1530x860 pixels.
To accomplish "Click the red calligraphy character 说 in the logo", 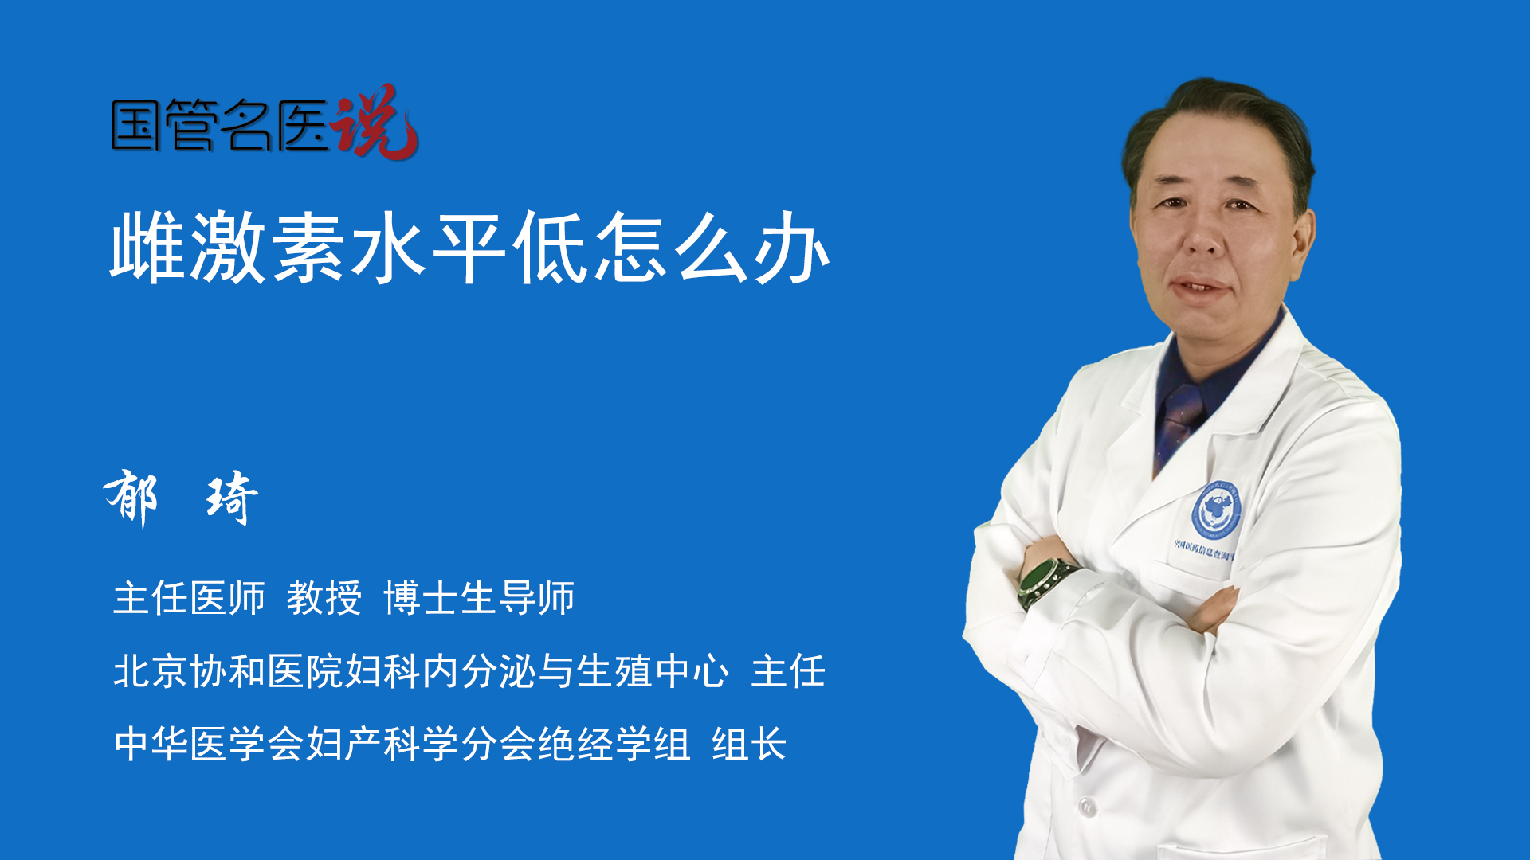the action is pos(375,121).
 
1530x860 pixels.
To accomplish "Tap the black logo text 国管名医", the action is pos(220,125).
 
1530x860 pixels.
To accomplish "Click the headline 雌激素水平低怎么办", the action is pos(470,248).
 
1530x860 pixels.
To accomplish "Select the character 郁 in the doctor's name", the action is pos(131,497).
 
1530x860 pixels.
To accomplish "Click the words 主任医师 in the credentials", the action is pos(189,598).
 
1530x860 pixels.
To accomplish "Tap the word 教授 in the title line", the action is pos(324,598).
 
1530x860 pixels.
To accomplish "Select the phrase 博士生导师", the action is pos(479,598).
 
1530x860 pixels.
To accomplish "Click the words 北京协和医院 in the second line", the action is pos(229,670).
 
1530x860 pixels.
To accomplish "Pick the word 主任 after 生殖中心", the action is pos(788,670).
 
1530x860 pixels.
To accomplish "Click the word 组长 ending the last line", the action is pos(749,744).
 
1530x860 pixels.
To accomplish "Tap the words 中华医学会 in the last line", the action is pos(210,744).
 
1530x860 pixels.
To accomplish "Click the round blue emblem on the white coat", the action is pos(1216,510).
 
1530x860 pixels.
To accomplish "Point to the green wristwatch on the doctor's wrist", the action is pos(1046,582).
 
